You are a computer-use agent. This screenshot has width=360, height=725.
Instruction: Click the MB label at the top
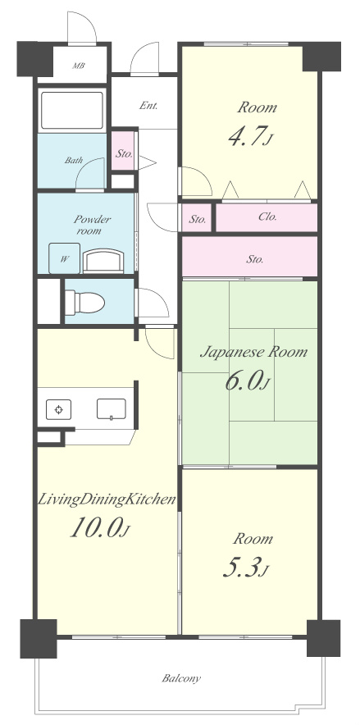(x=79, y=66)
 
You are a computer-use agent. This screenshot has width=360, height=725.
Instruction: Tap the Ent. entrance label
(x=148, y=106)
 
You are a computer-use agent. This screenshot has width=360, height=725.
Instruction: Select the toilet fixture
(x=84, y=303)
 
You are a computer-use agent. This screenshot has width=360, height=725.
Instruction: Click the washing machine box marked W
(x=64, y=258)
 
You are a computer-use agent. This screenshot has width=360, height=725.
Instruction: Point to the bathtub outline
(x=71, y=110)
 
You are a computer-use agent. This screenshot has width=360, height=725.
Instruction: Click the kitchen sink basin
(x=112, y=408)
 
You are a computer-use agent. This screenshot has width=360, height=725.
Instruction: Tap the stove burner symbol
(x=59, y=409)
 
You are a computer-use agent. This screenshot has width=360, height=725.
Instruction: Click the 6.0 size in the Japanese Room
(x=247, y=381)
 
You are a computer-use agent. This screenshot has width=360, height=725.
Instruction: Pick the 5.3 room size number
(x=245, y=568)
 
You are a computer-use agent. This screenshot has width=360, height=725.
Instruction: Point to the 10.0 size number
(x=98, y=527)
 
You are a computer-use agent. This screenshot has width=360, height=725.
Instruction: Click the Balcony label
(x=181, y=679)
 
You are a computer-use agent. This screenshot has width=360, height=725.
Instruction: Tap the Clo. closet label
(x=267, y=217)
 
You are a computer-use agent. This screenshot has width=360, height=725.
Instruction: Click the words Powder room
(x=92, y=225)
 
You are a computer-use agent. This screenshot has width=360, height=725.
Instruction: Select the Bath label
(x=74, y=161)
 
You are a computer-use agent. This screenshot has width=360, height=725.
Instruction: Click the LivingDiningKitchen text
(x=107, y=499)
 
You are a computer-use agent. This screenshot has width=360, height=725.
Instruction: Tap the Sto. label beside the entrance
(x=124, y=153)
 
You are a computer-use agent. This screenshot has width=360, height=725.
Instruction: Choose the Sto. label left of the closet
(x=198, y=220)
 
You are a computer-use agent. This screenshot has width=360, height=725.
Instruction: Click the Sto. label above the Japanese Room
(x=255, y=259)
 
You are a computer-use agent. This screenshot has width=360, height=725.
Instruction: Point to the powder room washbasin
(x=103, y=260)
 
